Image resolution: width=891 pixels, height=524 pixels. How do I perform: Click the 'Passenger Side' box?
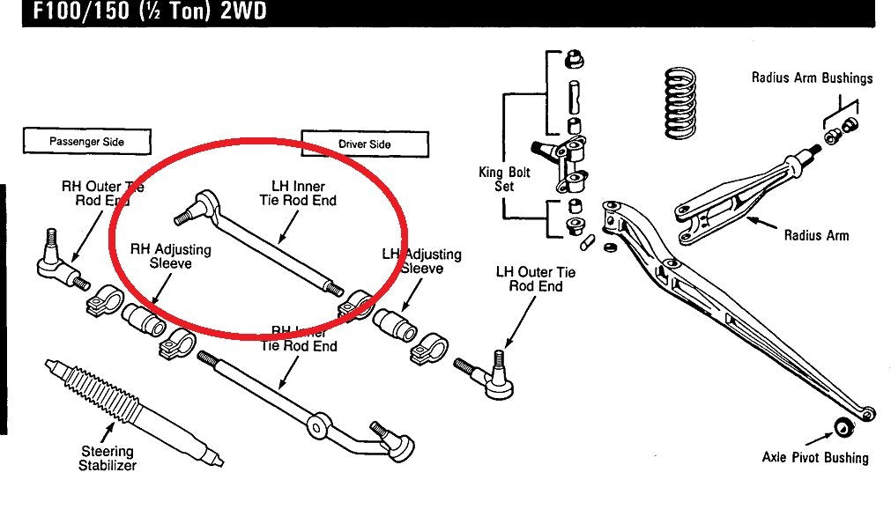[87, 142]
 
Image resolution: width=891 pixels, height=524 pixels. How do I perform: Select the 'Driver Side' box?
[364, 144]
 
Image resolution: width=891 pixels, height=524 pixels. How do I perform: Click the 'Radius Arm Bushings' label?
[812, 77]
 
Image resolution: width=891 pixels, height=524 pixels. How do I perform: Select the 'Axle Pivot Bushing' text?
[815, 457]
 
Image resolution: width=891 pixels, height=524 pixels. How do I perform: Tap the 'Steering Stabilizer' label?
[107, 459]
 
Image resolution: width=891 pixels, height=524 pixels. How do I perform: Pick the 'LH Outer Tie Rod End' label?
[535, 279]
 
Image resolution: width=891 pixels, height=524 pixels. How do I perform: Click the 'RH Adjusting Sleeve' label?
[171, 256]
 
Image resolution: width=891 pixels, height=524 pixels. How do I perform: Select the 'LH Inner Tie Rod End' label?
[298, 194]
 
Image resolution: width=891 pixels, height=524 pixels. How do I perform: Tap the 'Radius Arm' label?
[816, 235]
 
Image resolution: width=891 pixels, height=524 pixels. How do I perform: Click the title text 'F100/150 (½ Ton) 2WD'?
[145, 12]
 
